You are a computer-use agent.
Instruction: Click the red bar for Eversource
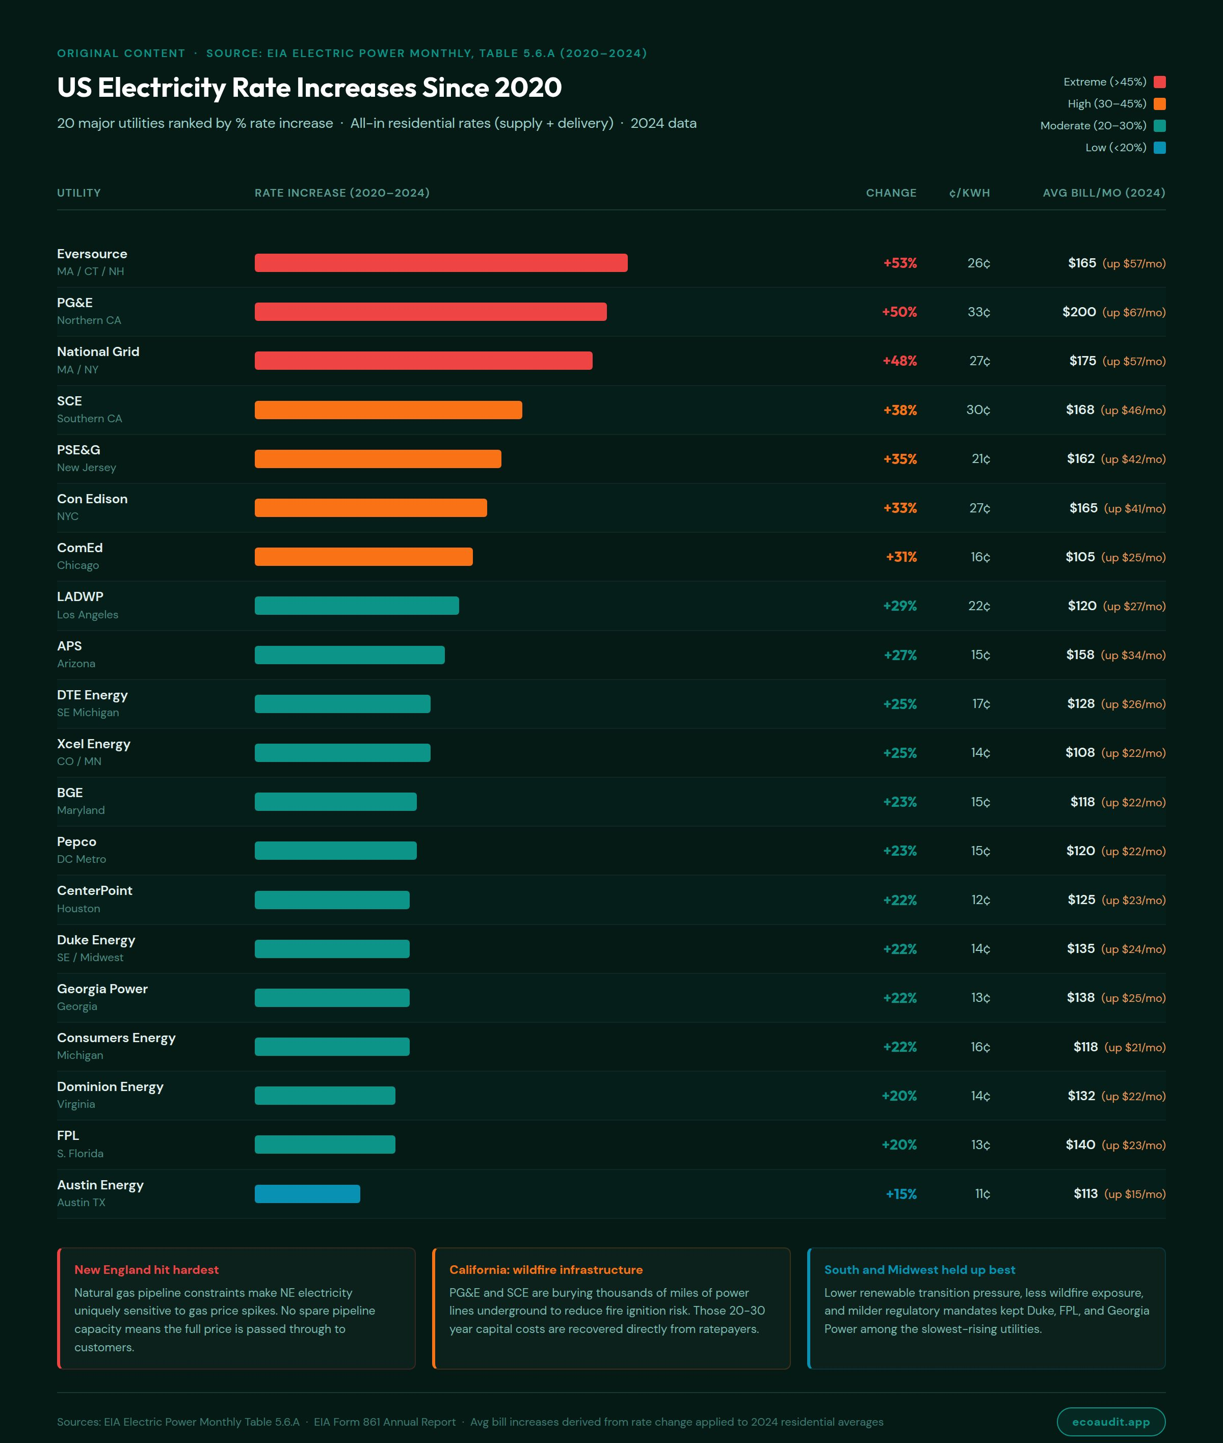pyautogui.click(x=441, y=263)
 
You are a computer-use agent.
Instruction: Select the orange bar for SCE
pyautogui.click(x=388, y=410)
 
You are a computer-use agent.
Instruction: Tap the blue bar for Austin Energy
pyautogui.click(x=307, y=1193)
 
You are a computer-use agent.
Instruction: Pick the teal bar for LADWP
pyautogui.click(x=356, y=606)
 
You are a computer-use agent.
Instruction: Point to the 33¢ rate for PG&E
pyautogui.click(x=978, y=312)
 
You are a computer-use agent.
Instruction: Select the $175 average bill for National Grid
pyautogui.click(x=1082, y=361)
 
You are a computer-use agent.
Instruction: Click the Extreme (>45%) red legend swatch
pyautogui.click(x=1159, y=82)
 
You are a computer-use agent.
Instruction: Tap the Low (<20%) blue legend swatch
pyautogui.click(x=1159, y=148)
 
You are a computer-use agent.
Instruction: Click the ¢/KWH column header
pyautogui.click(x=969, y=193)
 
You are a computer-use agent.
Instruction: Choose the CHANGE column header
pyautogui.click(x=891, y=193)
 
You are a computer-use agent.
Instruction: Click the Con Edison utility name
pyautogui.click(x=92, y=499)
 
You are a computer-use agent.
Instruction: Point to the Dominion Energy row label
pyautogui.click(x=110, y=1087)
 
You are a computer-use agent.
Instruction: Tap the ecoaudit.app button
pyautogui.click(x=1111, y=1422)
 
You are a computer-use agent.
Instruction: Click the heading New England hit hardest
pyautogui.click(x=146, y=1270)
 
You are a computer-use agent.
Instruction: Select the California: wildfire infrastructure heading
pyautogui.click(x=546, y=1270)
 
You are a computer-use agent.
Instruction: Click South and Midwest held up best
pyautogui.click(x=919, y=1270)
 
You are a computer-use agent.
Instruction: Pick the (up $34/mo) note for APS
pyautogui.click(x=1133, y=655)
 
